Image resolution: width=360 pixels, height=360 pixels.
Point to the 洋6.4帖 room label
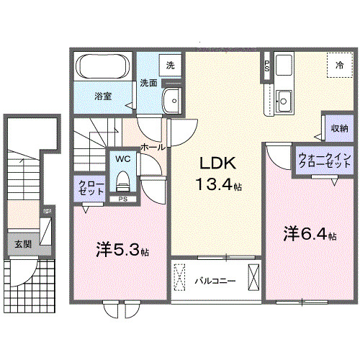[310, 235]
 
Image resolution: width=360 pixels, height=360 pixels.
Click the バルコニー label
[215, 281]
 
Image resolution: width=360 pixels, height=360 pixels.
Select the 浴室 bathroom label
[101, 96]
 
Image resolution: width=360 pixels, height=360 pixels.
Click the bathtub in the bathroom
[102, 69]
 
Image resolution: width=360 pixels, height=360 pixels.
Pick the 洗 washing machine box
[171, 65]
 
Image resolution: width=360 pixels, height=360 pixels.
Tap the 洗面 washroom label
[148, 83]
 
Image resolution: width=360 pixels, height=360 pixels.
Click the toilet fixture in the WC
[122, 176]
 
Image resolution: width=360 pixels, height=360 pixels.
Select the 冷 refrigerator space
[338, 65]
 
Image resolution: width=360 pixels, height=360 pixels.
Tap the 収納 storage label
[339, 128]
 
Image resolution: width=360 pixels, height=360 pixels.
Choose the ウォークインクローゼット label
[325, 161]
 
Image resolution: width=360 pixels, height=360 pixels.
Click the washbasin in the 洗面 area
[172, 102]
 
